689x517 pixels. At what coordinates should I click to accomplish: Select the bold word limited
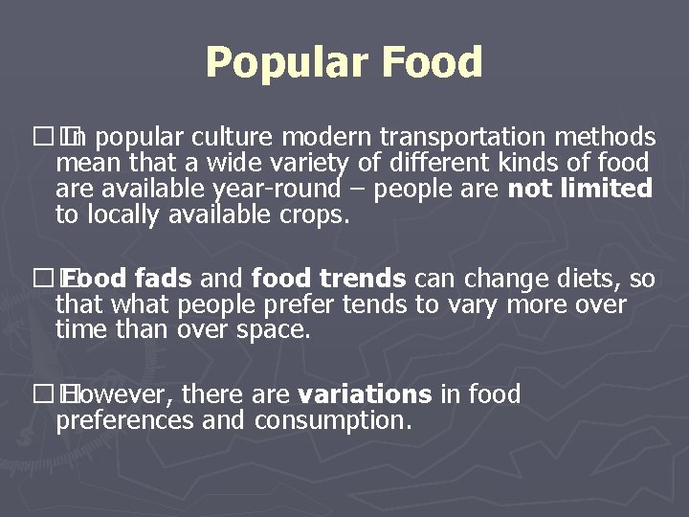coord(605,189)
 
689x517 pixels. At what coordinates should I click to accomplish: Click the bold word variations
coord(366,393)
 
